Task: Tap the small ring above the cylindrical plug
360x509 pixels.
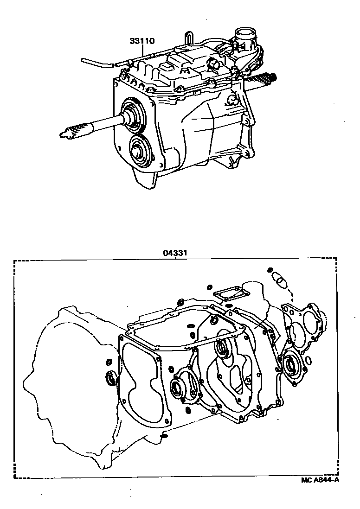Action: [270, 269]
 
